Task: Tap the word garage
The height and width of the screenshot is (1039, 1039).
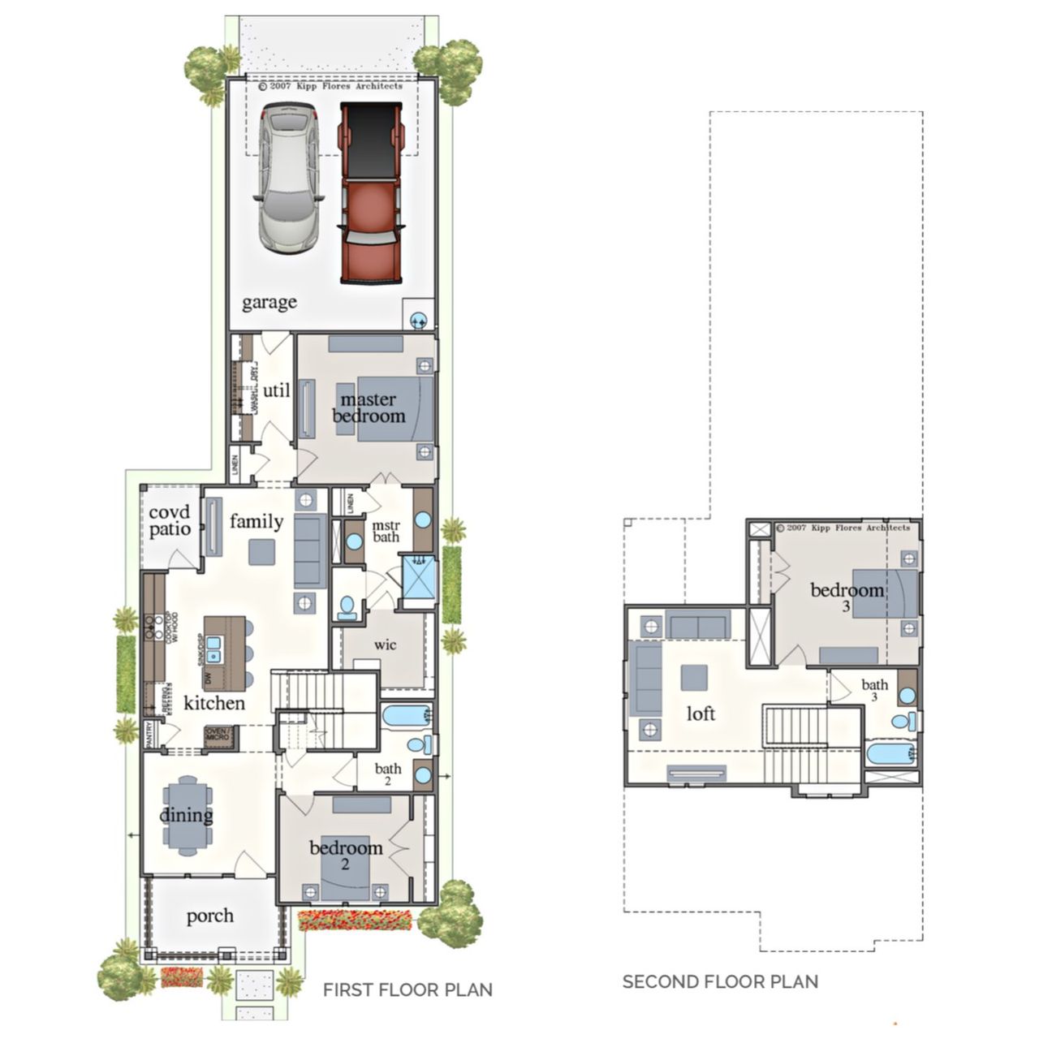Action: (269, 302)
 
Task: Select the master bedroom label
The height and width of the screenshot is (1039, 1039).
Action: (369, 407)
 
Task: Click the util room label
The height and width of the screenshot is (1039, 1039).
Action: (276, 390)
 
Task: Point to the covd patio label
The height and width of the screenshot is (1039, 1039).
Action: (170, 521)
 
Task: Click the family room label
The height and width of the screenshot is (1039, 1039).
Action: (256, 521)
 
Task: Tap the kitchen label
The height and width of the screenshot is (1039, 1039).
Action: (214, 703)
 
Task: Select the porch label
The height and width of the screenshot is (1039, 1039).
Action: (209, 916)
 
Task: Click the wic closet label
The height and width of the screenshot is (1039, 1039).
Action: (385, 645)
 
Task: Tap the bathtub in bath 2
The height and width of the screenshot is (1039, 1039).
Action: (405, 716)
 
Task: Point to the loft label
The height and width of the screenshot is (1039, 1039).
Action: (701, 714)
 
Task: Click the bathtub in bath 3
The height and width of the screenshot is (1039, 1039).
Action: (890, 754)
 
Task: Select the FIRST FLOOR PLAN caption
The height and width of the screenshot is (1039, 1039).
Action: (407, 989)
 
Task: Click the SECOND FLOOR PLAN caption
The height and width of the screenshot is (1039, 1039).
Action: (720, 981)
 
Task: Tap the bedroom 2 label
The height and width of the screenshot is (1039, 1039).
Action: (346, 854)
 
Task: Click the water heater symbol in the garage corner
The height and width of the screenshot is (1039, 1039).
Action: (419, 320)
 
